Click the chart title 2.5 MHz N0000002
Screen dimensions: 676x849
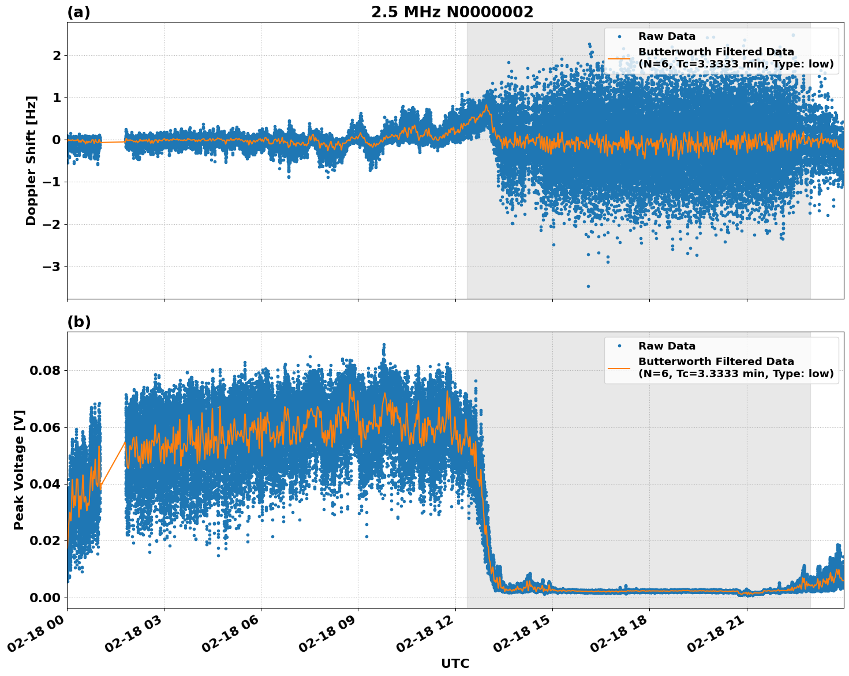[x=452, y=12]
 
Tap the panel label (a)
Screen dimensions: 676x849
[x=78, y=12]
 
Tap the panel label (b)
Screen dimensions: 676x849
[x=78, y=322]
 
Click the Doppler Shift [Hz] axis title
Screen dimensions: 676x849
[x=31, y=160]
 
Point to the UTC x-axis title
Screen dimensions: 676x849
[x=455, y=663]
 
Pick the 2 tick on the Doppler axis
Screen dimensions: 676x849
[x=57, y=55]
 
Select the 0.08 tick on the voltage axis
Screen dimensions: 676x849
[x=44, y=370]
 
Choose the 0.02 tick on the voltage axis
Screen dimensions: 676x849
[x=44, y=540]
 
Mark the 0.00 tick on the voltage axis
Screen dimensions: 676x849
[x=44, y=597]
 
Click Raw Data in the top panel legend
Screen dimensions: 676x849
[x=667, y=36]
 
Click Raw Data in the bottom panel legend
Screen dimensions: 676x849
[x=667, y=346]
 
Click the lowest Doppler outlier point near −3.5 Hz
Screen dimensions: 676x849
[x=588, y=286]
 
